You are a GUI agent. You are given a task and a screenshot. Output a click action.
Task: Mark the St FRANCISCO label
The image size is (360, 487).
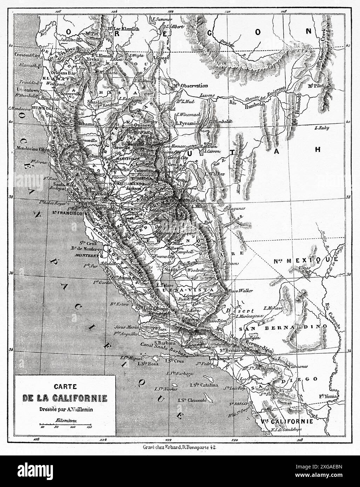pyautogui.click(x=67, y=213)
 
